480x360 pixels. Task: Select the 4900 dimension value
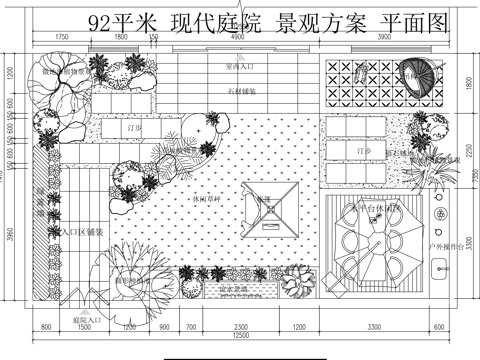238,37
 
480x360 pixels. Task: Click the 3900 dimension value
384,37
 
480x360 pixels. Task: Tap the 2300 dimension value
241,327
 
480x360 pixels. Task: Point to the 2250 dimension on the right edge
465,150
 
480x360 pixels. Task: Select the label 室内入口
239,66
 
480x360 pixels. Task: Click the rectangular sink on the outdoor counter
437,267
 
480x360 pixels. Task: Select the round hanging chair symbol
420,72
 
